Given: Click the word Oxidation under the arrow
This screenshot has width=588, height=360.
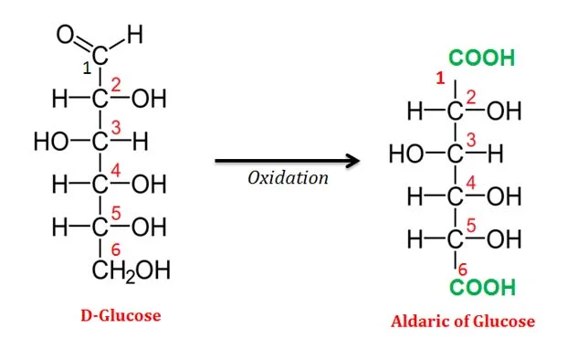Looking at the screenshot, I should pos(288,178).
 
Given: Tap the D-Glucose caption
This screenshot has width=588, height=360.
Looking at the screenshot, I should pos(121,316).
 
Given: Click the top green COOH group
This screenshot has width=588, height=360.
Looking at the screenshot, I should pos(481,59).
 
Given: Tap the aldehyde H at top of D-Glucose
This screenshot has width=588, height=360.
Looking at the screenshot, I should pos(134,37).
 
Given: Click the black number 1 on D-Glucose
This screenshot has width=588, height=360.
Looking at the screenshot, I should pos(87,68).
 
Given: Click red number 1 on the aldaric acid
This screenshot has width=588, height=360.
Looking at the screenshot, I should pos(439,80).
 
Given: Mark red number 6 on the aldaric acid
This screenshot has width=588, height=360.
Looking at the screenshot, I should pos(463,269).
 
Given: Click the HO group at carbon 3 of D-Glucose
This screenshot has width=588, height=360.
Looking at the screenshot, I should pos(52,143).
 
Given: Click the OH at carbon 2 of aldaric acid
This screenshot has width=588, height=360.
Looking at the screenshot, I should pos(504,112).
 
